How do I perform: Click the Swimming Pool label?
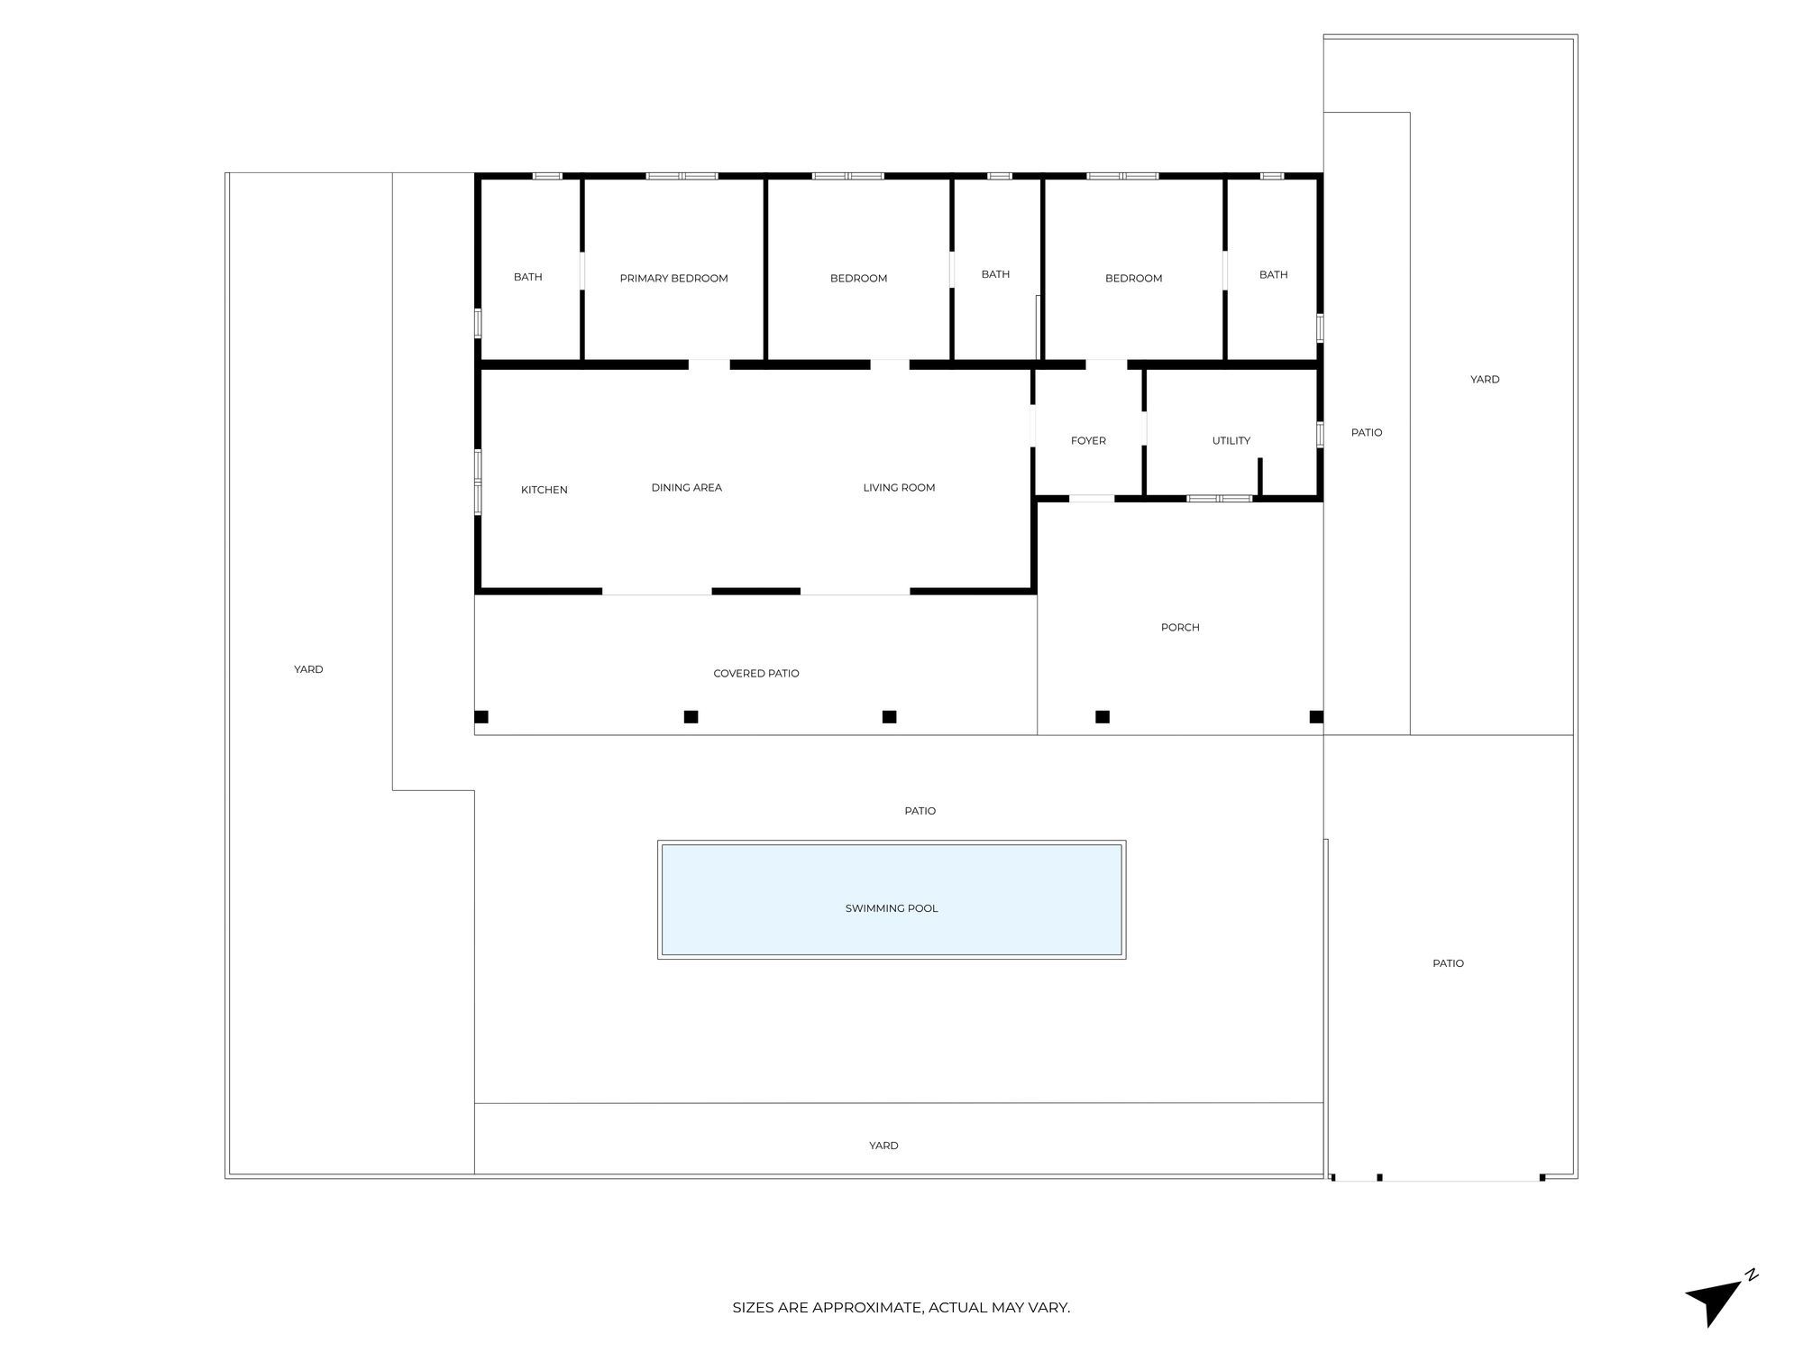click(892, 908)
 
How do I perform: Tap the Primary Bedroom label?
click(673, 278)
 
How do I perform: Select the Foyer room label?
click(1088, 440)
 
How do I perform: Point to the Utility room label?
click(1231, 440)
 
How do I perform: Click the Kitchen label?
click(544, 490)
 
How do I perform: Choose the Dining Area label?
click(686, 487)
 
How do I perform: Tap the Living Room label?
click(899, 487)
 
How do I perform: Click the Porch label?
click(1179, 627)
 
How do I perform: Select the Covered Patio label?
click(755, 673)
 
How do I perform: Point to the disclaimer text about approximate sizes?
click(901, 1307)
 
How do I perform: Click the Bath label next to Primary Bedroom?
click(527, 277)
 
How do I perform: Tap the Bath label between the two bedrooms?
click(995, 274)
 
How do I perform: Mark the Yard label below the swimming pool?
click(883, 1146)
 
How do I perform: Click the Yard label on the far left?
click(308, 669)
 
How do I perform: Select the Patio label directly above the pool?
click(920, 811)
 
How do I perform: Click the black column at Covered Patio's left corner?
click(481, 717)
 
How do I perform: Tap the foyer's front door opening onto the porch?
click(1091, 498)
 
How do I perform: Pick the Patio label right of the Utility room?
click(1366, 432)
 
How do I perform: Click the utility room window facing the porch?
click(1219, 498)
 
